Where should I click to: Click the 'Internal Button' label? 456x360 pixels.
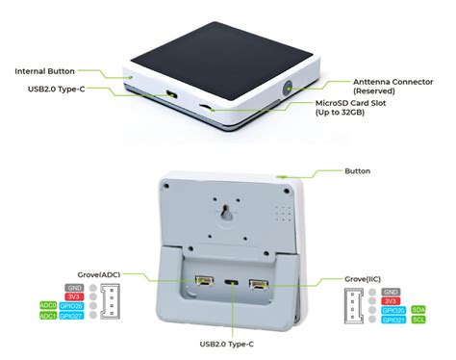click(45, 71)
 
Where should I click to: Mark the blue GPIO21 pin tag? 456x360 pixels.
click(393, 320)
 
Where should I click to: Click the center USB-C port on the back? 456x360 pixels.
click(229, 284)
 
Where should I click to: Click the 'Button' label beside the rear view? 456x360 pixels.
click(356, 171)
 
